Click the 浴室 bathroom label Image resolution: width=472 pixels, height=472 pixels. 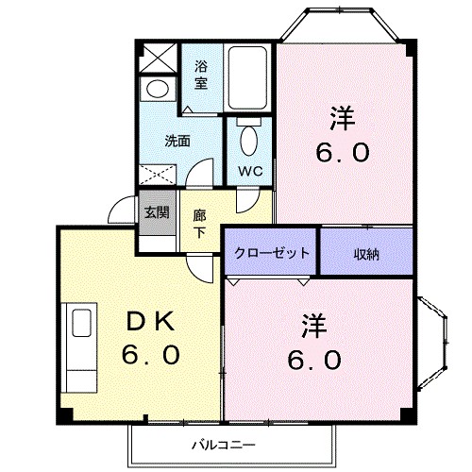[x=201, y=75]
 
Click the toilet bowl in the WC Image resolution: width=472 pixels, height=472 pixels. [x=249, y=140]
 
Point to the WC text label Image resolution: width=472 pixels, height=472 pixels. [x=249, y=171]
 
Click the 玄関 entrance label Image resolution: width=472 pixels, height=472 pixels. [x=157, y=211]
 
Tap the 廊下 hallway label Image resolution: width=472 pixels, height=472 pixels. [x=200, y=222]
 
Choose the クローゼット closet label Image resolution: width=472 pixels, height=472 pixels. [x=272, y=252]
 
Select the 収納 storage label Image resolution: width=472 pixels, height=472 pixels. [x=367, y=252]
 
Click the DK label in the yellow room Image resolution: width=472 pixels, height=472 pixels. [x=150, y=323]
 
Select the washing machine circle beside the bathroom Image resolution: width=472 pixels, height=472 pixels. [x=156, y=90]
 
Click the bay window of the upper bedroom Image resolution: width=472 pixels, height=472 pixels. [x=344, y=24]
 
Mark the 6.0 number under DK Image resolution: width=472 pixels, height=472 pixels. [x=150, y=357]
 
